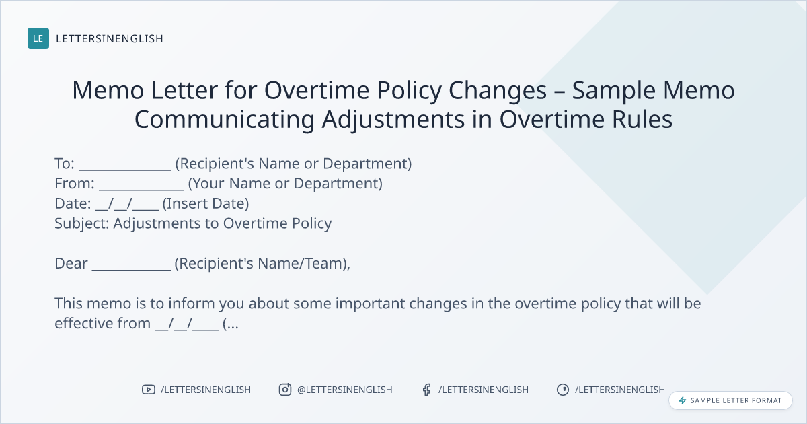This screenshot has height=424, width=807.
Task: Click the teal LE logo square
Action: (38, 38)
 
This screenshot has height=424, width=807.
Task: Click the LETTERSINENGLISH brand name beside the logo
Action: (110, 38)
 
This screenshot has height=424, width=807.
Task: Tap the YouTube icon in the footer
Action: (149, 390)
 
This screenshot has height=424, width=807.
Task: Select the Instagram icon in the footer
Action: (285, 390)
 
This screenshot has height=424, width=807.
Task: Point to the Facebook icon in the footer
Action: (427, 390)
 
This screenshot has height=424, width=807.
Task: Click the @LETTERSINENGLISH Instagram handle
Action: (345, 390)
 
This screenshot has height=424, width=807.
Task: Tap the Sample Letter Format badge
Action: (730, 400)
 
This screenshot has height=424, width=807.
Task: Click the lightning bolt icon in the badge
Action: (683, 400)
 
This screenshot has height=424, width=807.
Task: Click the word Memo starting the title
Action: (108, 90)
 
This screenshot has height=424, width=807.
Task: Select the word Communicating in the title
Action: (225, 119)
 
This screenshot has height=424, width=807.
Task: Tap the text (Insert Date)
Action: (206, 204)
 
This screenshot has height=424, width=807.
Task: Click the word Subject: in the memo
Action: (82, 224)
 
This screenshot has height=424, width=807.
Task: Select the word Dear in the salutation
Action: (71, 264)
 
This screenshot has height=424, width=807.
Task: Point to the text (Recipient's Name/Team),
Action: (262, 264)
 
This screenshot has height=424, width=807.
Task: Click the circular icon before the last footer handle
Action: (563, 390)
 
